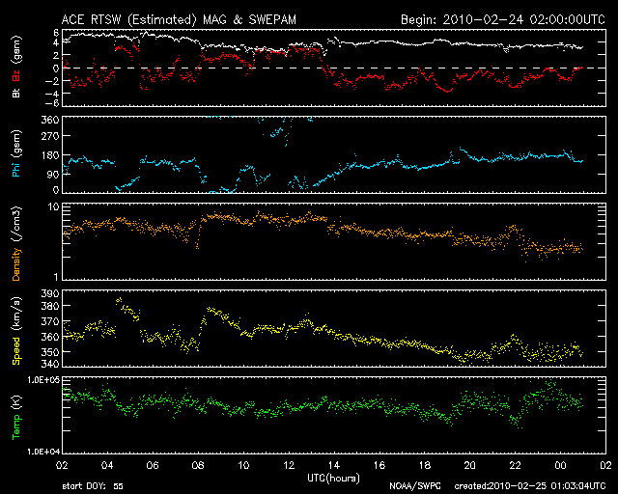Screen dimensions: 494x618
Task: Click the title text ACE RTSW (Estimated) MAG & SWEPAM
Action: tap(182, 19)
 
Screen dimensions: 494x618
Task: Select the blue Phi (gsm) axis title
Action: tap(16, 153)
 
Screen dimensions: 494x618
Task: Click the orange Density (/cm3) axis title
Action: tap(16, 242)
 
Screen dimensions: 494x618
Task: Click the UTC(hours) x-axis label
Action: tap(333, 478)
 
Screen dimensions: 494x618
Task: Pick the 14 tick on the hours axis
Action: tap(333, 463)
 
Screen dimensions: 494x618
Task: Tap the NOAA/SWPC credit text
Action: tap(411, 485)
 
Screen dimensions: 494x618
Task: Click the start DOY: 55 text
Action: tap(92, 485)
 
